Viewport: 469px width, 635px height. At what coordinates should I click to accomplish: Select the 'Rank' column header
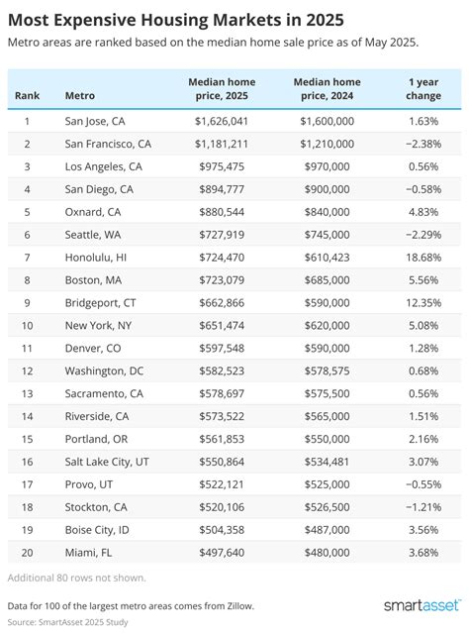click(x=27, y=96)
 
